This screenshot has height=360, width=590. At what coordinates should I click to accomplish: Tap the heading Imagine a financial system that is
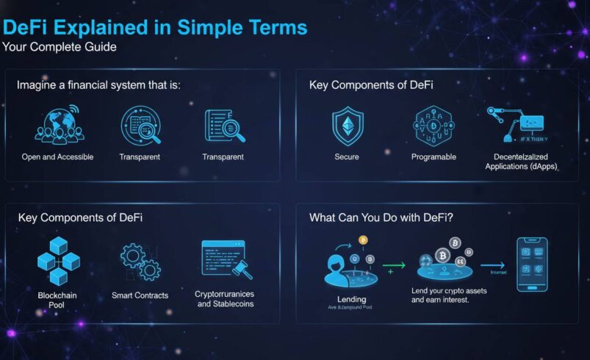(x=98, y=85)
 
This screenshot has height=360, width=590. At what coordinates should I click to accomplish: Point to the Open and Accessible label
(x=57, y=157)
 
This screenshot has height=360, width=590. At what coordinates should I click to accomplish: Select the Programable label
(x=434, y=157)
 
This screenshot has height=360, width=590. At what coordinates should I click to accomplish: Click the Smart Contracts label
(x=140, y=295)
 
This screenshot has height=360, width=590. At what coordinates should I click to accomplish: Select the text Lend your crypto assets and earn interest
(x=450, y=296)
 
